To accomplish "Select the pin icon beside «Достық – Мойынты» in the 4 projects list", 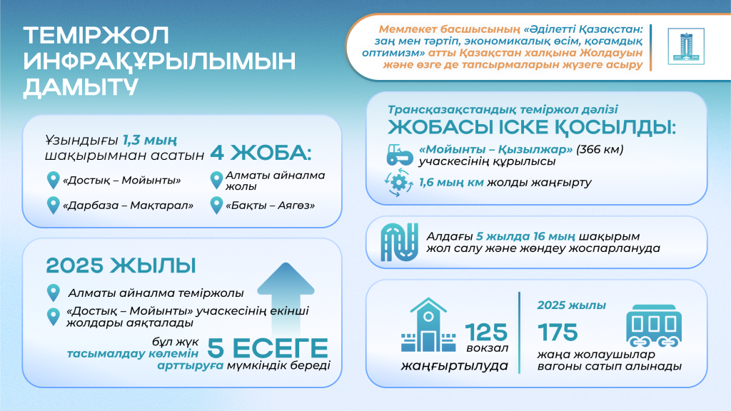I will [52, 179].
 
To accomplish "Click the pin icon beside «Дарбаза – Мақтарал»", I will [52, 205].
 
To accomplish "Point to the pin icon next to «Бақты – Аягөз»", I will [216, 205].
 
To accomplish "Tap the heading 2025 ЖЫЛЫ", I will [121, 265].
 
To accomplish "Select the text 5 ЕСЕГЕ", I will [268, 348].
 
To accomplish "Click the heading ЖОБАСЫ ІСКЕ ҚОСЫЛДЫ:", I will [532, 128].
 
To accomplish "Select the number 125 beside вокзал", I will [486, 332].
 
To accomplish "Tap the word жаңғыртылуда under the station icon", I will [454, 367].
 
